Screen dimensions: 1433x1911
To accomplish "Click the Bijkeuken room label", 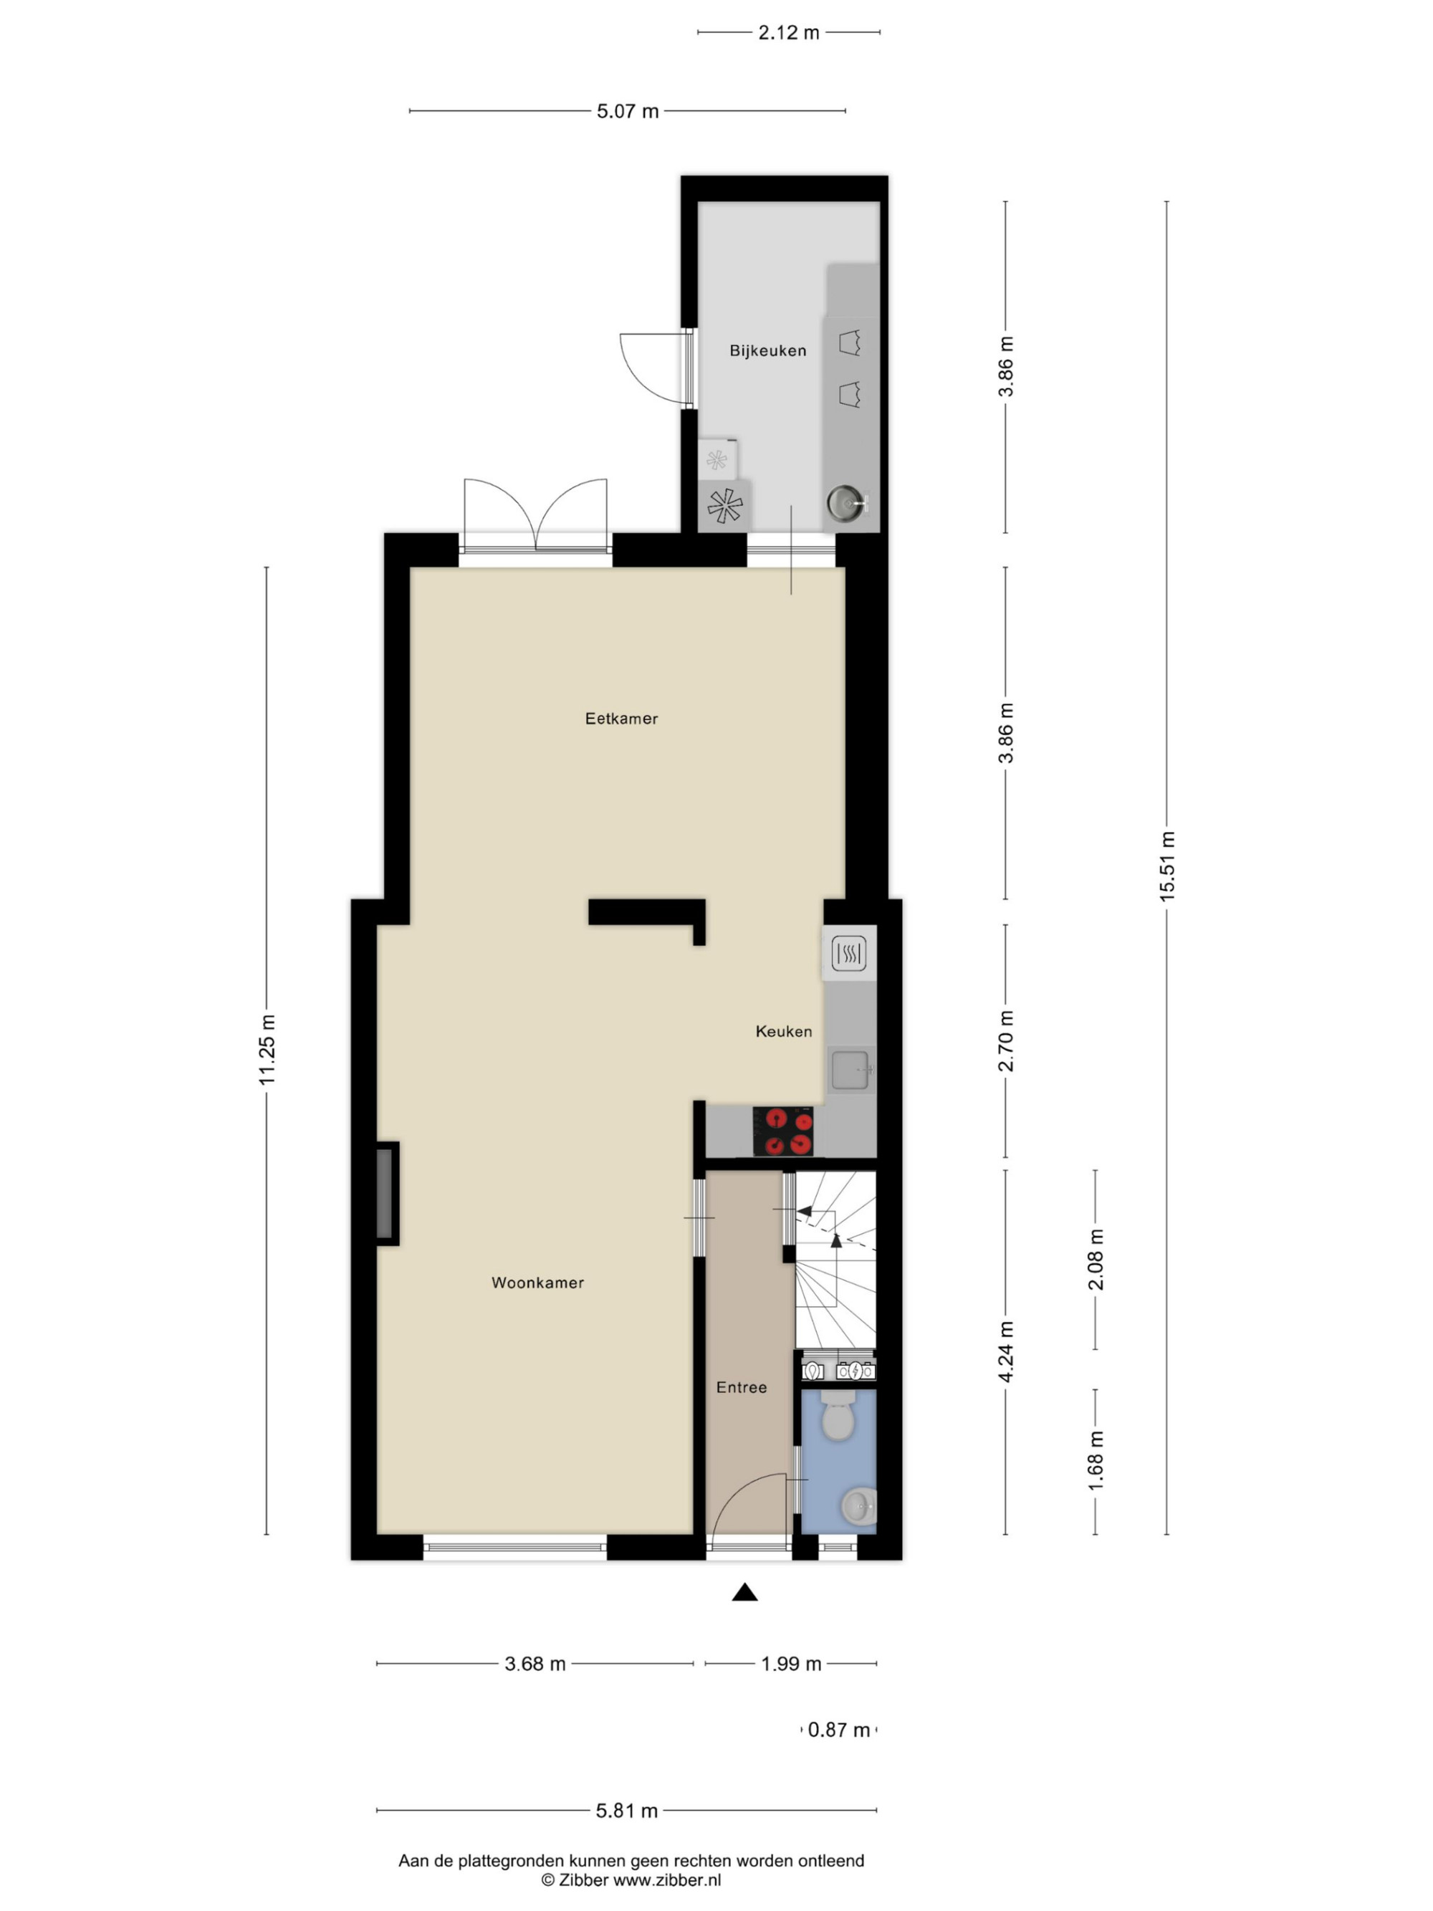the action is click(767, 351).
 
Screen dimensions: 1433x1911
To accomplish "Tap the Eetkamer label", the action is click(621, 719).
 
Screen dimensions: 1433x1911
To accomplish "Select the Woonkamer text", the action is click(537, 1283).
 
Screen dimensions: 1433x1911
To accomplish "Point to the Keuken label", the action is click(783, 1032).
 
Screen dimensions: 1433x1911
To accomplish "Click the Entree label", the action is click(741, 1387).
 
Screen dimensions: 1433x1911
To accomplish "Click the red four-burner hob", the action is click(783, 1131).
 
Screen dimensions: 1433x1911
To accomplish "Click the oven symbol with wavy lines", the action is click(848, 954).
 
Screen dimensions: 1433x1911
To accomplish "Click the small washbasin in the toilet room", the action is click(858, 1507).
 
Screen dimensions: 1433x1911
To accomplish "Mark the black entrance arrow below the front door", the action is click(744, 1591).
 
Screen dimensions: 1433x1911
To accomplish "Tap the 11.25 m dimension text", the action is click(267, 1050).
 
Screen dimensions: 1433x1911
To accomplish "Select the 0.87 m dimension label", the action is click(839, 1730).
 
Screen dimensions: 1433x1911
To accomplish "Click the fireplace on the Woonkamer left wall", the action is click(386, 1194).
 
